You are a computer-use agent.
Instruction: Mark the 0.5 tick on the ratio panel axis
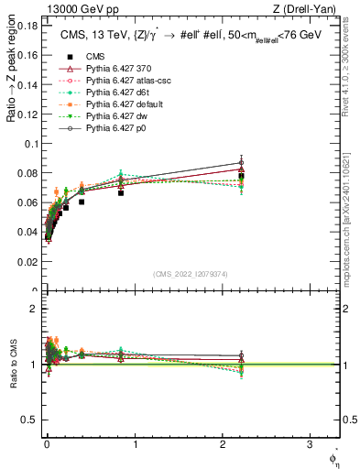coord(31,420)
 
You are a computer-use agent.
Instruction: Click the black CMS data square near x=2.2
coord(241,176)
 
